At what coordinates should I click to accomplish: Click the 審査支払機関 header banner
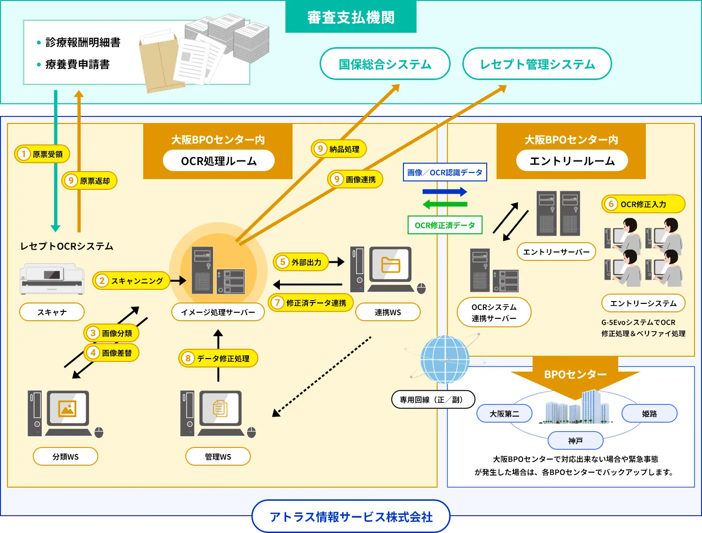click(351, 17)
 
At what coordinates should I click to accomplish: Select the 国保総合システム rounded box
click(385, 64)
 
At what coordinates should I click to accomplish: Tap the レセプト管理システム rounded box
click(537, 64)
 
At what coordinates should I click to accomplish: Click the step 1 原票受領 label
click(42, 154)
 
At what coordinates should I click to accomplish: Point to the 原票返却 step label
click(89, 180)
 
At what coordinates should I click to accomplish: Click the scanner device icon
click(52, 279)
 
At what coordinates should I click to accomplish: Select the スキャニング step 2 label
click(131, 281)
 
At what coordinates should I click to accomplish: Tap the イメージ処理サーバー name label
click(218, 312)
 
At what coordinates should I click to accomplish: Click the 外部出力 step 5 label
click(301, 262)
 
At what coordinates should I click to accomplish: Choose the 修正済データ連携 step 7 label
click(311, 303)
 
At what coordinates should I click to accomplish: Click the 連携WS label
click(388, 312)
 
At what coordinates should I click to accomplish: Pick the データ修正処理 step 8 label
click(218, 358)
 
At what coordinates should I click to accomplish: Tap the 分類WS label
click(66, 456)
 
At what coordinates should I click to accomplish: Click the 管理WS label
click(218, 456)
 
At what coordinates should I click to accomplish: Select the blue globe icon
click(444, 360)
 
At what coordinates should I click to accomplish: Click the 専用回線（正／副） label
click(433, 400)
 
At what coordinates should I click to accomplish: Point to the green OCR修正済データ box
click(445, 225)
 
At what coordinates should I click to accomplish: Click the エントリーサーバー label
click(556, 252)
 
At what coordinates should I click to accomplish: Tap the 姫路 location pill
click(649, 413)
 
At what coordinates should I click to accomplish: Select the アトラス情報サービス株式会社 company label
click(351, 517)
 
